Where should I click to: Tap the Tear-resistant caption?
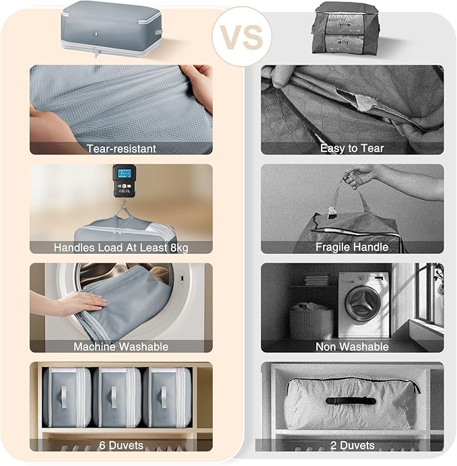click(x=121, y=148)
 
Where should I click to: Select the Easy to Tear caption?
click(x=352, y=148)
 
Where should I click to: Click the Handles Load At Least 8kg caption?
click(x=121, y=247)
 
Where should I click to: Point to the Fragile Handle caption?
click(x=352, y=247)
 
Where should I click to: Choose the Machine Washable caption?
click(x=121, y=346)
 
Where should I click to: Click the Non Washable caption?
click(x=352, y=346)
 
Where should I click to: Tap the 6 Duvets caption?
click(x=121, y=445)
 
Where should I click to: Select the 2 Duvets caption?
click(x=352, y=445)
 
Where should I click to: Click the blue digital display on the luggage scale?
click(x=124, y=174)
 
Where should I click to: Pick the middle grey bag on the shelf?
click(x=116, y=397)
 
